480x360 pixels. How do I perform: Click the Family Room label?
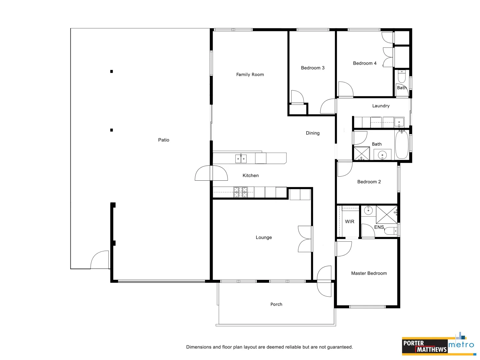tap(250, 75)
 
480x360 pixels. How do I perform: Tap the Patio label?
tap(164, 140)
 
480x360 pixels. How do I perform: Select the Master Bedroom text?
tap(369, 273)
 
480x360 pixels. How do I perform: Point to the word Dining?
tap(313, 133)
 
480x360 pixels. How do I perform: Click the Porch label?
tap(276, 304)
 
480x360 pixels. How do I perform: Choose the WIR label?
tap(350, 222)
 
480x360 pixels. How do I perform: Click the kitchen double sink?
tap(241, 159)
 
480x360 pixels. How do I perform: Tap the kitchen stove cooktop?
tap(240, 192)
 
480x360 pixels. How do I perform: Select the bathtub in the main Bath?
tap(402, 145)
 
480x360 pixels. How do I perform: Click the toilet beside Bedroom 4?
tap(402, 77)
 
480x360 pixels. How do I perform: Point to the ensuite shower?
tap(387, 214)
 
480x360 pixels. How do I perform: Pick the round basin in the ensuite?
tap(368, 210)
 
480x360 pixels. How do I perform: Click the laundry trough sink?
tap(399, 122)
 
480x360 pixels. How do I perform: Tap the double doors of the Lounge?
tap(305, 239)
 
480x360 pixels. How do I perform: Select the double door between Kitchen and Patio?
tap(211, 173)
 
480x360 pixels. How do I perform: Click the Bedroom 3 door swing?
tap(297, 97)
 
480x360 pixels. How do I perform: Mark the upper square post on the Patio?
tap(112, 71)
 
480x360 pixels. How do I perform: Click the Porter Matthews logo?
tap(425, 346)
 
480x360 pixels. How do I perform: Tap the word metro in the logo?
tap(461, 345)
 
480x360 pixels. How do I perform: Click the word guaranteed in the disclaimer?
tap(340, 347)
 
